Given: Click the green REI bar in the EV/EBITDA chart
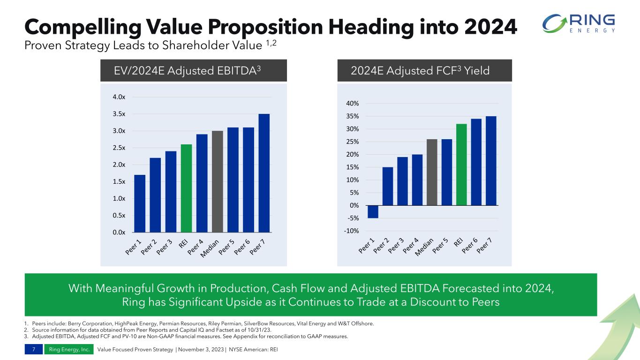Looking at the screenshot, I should click(x=186, y=188).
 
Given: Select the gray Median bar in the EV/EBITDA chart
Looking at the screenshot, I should click(x=218, y=181).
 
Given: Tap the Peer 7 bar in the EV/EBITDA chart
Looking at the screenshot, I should click(x=264, y=173).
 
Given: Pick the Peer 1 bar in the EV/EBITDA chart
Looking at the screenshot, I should click(x=140, y=203).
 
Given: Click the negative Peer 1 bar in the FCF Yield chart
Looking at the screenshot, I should click(x=373, y=212).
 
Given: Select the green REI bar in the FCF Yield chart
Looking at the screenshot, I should click(x=462, y=165).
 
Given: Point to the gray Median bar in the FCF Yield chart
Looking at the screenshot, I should click(x=432, y=172).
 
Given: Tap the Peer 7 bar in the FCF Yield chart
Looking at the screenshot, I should click(x=491, y=161).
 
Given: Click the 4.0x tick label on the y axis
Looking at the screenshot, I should click(x=119, y=97).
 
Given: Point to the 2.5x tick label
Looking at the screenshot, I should click(x=119, y=148).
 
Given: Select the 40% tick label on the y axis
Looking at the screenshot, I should click(x=353, y=104).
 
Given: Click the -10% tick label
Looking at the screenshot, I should click(x=352, y=231).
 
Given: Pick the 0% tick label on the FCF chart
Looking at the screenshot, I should click(x=355, y=205).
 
